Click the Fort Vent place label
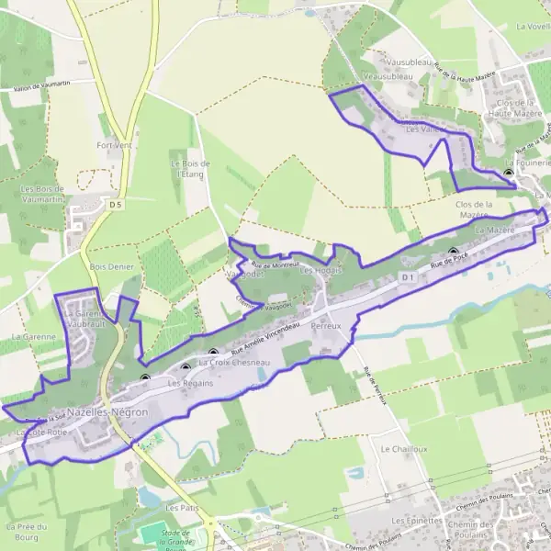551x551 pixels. click(115, 145)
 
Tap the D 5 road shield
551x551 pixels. click(115, 204)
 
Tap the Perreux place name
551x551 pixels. click(326, 326)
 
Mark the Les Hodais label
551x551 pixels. click(320, 271)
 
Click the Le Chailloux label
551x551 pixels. click(399, 448)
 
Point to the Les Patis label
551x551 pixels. click(182, 506)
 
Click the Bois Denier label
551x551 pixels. click(112, 266)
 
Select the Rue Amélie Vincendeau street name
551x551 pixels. click(266, 339)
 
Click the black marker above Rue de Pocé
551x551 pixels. click(453, 251)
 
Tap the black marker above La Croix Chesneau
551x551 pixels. click(214, 352)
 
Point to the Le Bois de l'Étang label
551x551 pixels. click(191, 168)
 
